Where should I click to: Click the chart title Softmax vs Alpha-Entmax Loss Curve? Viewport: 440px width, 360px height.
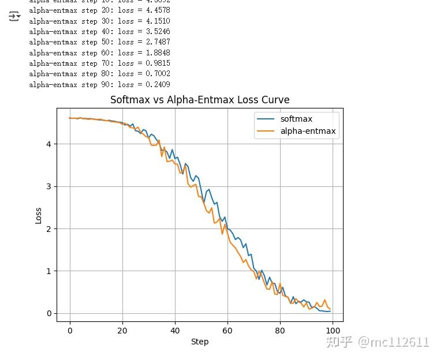[200, 100]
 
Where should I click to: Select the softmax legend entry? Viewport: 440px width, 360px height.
[296, 119]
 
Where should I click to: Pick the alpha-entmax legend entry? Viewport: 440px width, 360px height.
[308, 131]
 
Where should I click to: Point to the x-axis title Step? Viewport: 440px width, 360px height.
[200, 342]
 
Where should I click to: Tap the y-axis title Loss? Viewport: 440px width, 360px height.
[39, 215]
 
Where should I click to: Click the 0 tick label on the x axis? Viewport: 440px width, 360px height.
[70, 331]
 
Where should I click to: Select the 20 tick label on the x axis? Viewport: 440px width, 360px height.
[122, 331]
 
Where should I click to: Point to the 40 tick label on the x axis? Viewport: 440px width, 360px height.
[175, 331]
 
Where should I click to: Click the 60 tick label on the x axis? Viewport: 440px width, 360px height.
[228, 331]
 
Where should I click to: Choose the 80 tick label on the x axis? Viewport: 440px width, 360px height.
[280, 331]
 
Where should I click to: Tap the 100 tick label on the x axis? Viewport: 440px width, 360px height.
[333, 331]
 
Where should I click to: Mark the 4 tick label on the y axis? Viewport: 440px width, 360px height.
[50, 144]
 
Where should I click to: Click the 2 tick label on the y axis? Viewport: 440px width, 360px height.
[50, 228]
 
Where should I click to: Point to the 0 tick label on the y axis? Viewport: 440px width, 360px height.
[50, 313]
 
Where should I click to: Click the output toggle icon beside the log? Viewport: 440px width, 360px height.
[14, 16]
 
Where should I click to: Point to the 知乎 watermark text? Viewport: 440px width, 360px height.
[340, 342]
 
